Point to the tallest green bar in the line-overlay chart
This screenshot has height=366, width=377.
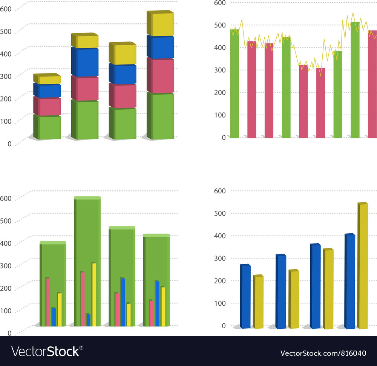355,80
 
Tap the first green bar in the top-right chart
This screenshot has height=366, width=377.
234,84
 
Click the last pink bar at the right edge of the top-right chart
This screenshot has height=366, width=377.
372,84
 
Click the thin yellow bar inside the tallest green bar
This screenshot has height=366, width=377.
94,294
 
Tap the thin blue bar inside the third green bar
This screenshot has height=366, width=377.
123,302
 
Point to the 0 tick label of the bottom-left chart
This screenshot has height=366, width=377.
9,333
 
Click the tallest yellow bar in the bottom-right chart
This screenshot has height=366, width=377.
363,266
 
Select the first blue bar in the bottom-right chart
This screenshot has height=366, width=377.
246,297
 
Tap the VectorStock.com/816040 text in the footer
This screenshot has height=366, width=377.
323,353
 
